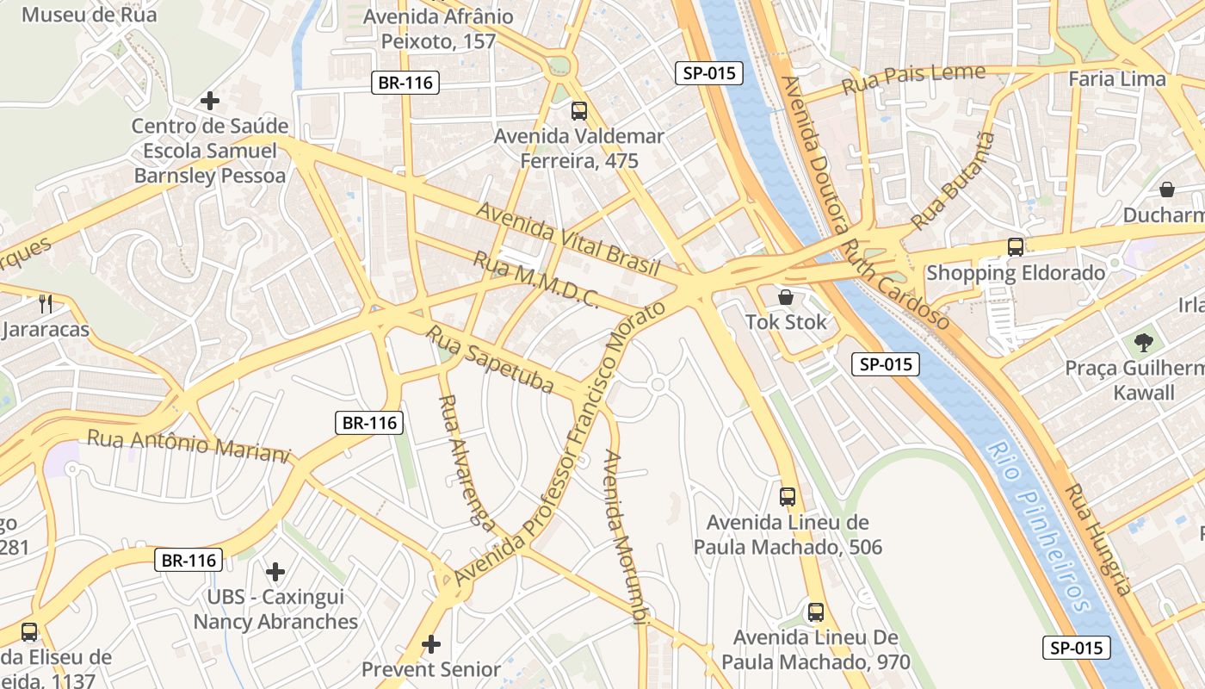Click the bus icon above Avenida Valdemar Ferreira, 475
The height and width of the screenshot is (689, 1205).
579,110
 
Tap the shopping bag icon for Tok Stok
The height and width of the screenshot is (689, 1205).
785,298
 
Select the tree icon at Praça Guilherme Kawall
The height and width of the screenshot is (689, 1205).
1143,343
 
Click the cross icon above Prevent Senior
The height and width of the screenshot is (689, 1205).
431,643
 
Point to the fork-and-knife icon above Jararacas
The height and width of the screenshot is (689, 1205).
46,303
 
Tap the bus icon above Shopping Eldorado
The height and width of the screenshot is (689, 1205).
1016,247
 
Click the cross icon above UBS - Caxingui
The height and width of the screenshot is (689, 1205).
275,571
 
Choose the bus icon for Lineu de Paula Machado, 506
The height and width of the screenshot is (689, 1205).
788,496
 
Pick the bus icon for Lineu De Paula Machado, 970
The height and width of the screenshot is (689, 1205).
815,612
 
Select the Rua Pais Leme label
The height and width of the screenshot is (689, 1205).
912,79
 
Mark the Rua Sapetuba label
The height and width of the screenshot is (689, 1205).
490,359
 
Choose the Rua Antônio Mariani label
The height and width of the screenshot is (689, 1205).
188,446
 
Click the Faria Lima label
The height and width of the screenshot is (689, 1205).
1116,79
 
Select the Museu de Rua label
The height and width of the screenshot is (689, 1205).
89,15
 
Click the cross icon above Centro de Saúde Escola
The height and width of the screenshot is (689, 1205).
209,101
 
